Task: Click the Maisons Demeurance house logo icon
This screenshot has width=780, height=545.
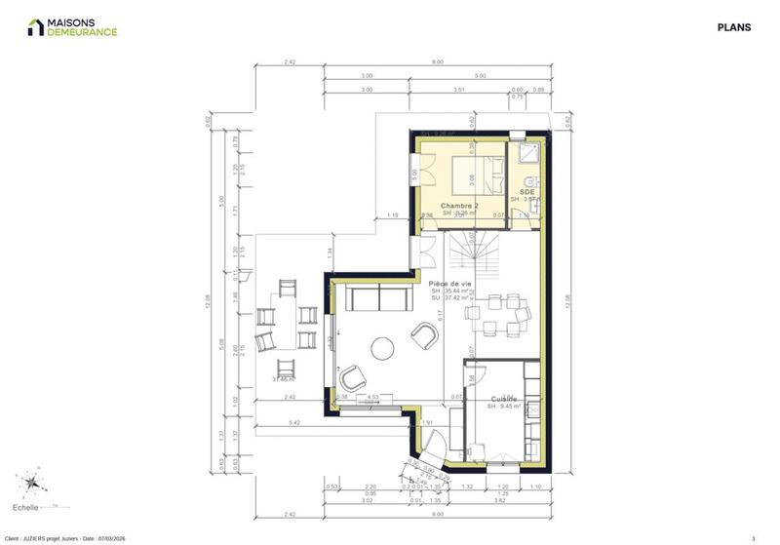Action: pos(35,27)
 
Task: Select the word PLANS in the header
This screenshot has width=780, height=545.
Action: pos(734,28)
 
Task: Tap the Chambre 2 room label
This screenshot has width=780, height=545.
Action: pos(459,207)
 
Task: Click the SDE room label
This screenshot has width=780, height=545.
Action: pos(527,192)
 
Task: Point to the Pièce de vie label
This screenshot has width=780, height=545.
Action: pos(450,283)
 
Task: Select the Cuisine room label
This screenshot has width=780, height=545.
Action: pos(503,398)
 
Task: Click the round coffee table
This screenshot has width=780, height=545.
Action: pos(381,347)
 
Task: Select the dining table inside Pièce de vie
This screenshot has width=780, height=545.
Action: pos(498,313)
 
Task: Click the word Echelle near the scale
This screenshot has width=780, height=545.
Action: pos(26,507)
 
